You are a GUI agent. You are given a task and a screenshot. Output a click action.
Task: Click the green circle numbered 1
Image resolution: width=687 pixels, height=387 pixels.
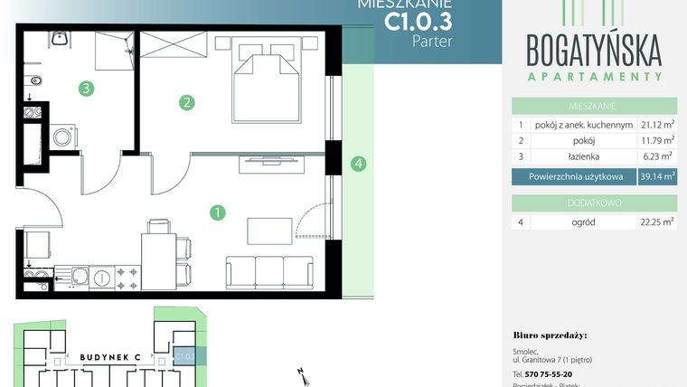[217, 213]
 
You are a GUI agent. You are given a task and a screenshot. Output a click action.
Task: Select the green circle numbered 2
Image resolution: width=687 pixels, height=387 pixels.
[187, 102]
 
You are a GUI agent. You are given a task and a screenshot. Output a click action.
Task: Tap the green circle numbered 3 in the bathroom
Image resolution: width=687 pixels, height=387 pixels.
[85, 89]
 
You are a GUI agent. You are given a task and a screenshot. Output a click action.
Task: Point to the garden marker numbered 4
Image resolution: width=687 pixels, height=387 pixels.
[359, 164]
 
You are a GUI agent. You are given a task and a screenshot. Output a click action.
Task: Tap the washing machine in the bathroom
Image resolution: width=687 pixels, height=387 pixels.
[63, 137]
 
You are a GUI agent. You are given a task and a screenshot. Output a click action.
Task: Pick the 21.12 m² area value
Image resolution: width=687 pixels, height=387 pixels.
[657, 125]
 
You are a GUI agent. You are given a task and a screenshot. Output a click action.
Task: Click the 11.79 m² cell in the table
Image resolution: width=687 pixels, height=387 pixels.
[657, 140]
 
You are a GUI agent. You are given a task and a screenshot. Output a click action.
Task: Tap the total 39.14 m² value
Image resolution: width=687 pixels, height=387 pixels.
[657, 176]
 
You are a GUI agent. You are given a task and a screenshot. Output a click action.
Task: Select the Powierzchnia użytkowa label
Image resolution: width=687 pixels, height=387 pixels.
[573, 176]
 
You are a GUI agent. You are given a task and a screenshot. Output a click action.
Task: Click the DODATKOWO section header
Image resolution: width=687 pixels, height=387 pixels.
[594, 203]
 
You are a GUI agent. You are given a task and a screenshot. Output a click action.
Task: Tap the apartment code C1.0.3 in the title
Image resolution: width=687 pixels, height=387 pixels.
[418, 19]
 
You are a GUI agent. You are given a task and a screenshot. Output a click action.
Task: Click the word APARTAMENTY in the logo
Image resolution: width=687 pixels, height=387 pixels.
[594, 77]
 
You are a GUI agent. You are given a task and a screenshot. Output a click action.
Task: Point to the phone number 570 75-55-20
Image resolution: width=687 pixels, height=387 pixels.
[542, 373]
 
